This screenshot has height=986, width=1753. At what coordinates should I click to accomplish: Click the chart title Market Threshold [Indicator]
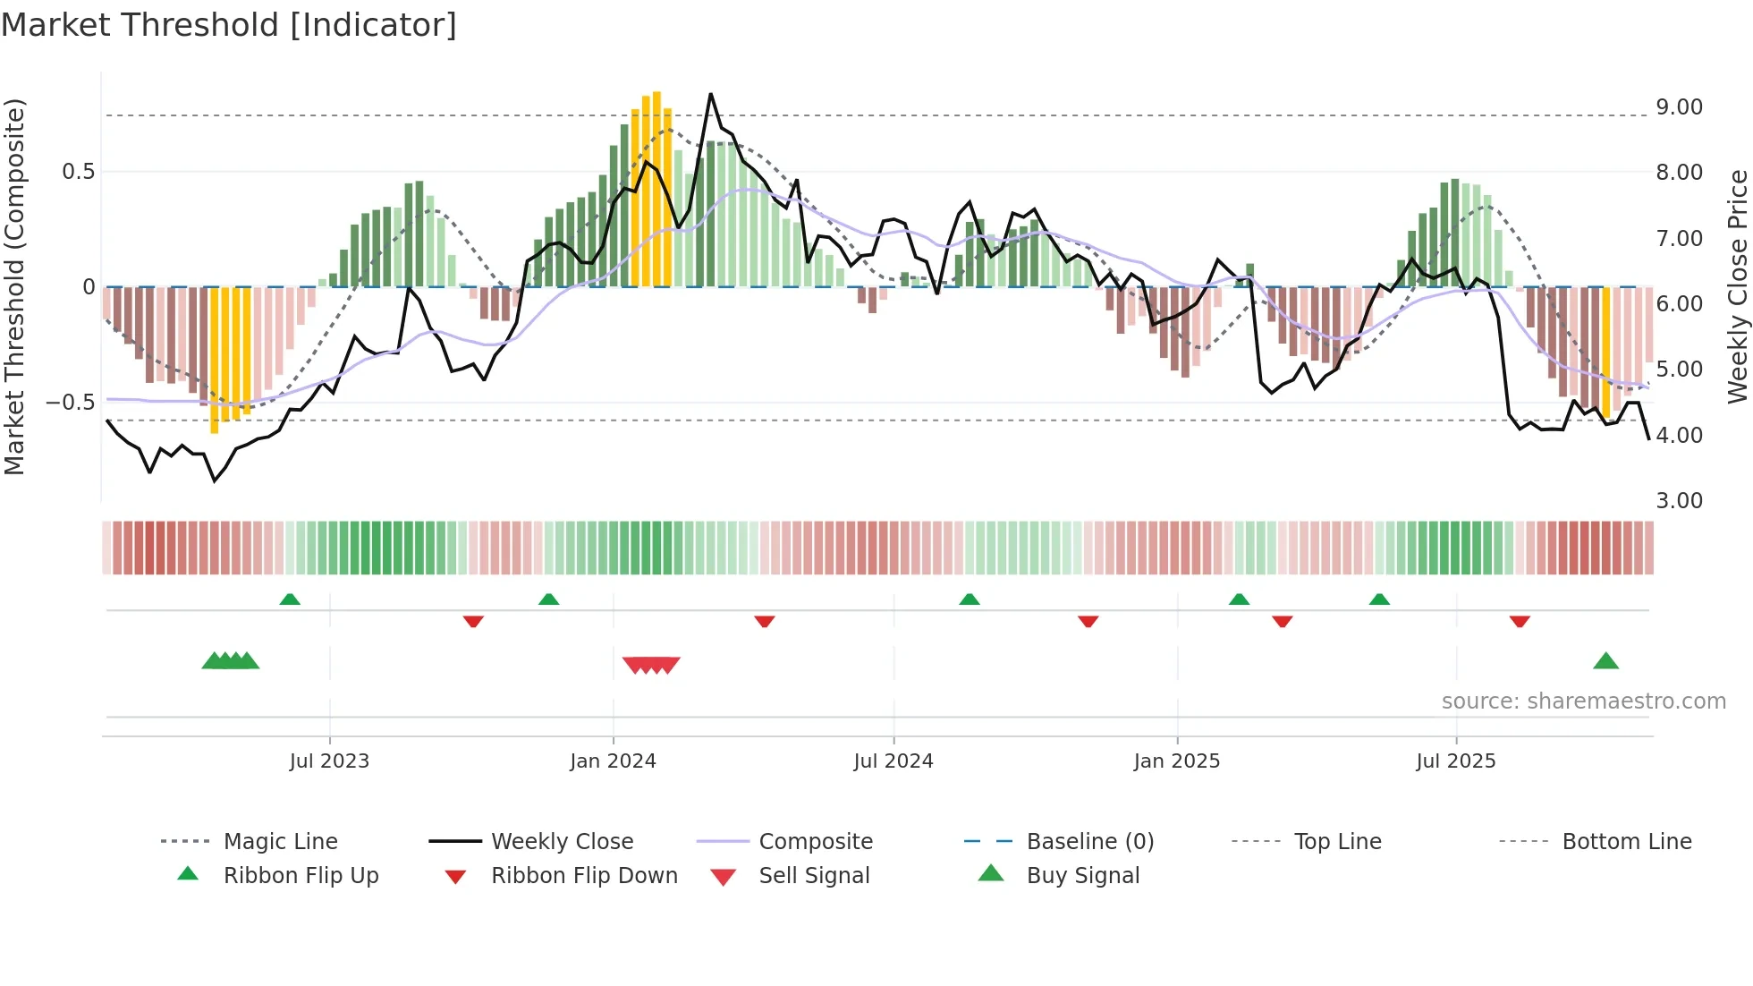click(229, 25)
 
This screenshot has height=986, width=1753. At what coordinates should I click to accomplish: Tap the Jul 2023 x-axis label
click(329, 761)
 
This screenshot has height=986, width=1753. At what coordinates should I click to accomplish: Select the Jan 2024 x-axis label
click(613, 761)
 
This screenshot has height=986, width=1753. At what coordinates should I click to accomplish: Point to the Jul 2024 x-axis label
click(893, 761)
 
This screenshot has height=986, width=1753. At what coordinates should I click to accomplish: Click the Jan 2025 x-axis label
click(1176, 761)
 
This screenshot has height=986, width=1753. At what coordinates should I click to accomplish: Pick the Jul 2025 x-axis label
click(1455, 761)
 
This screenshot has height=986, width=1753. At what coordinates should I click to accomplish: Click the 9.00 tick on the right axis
click(1679, 107)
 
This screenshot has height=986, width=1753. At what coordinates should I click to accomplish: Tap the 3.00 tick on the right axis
click(1679, 501)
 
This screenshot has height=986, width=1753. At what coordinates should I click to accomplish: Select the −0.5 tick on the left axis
click(70, 403)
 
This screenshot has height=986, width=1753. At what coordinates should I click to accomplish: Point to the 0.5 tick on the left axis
click(78, 172)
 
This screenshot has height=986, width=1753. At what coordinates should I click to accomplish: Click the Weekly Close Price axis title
click(1737, 286)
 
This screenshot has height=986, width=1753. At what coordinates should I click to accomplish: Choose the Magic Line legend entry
click(280, 842)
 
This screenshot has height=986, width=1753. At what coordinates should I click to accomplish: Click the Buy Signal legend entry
click(1082, 876)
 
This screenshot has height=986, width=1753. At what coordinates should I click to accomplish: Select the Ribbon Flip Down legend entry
click(583, 876)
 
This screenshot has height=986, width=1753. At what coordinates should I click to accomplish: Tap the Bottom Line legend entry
click(1626, 842)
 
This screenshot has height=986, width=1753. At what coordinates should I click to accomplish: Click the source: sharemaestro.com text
click(1583, 701)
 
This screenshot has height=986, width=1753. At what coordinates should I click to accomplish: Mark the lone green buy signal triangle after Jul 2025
click(1605, 662)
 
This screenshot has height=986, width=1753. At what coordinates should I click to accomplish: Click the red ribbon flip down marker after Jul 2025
click(1519, 621)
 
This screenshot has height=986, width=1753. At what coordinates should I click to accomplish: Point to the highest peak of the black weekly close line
click(710, 94)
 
